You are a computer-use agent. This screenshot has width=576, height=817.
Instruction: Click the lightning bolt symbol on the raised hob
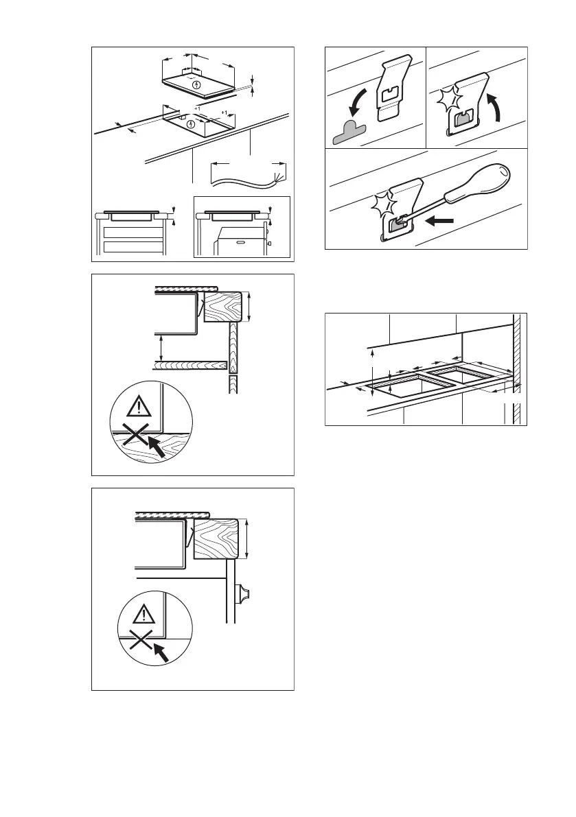198,85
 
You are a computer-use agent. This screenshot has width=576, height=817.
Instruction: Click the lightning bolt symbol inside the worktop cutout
191,124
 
